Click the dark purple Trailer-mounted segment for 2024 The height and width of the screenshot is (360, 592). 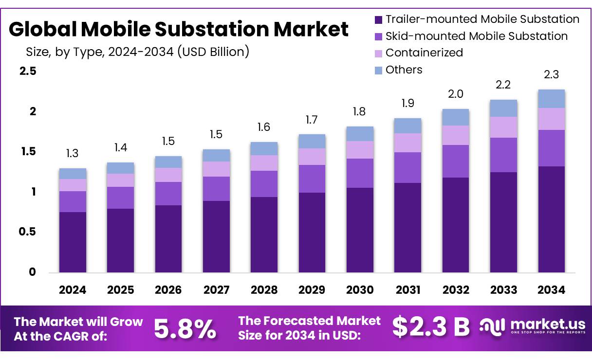coord(73,242)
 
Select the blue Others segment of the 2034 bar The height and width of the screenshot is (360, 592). coord(552,99)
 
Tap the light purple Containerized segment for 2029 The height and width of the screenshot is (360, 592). coord(312,157)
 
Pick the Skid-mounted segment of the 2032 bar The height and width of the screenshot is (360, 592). coord(456,161)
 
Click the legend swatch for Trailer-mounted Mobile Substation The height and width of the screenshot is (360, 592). coord(379,20)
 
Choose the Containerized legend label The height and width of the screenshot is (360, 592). coord(424,53)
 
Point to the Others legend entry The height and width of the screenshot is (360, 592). coord(404,70)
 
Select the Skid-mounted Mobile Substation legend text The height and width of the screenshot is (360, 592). coord(476,36)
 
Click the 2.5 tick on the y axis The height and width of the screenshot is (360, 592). coord(27,72)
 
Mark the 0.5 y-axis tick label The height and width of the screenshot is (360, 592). coord(27,232)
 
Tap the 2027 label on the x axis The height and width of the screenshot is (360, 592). coord(216,290)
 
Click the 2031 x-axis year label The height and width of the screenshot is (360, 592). coord(407,290)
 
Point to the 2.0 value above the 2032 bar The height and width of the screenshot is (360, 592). coord(456,94)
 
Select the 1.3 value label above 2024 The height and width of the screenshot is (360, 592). coord(73,154)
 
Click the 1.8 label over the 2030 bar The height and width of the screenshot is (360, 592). coord(360,112)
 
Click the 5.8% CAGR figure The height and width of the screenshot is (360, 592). coord(185,329)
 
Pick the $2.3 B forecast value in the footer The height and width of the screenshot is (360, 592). coord(431,327)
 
